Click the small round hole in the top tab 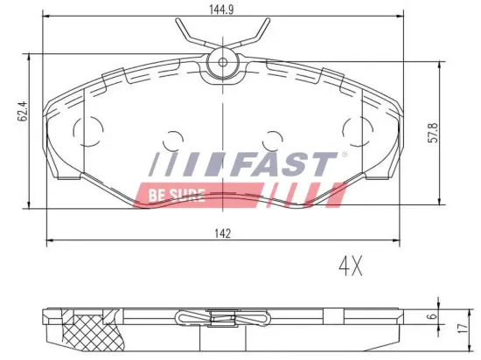point(224,62)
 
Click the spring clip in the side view point(224,320)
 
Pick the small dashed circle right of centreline point(274,138)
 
